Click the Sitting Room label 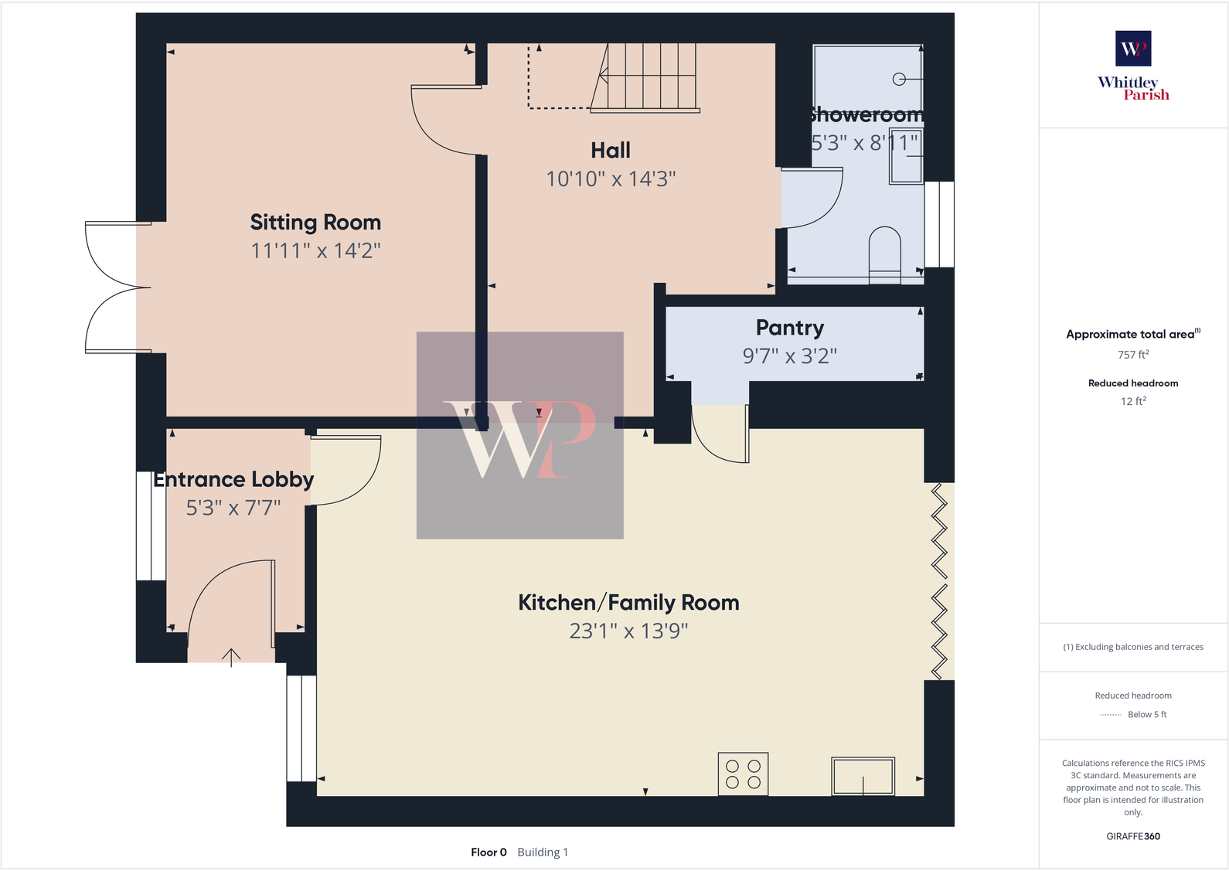coord(315,223)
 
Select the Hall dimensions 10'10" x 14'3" coord(611,179)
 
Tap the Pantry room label coord(789,328)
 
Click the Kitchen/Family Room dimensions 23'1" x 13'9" coord(628,631)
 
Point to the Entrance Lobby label coord(233,480)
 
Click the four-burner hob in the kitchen coord(743,774)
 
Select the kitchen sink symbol coord(863,776)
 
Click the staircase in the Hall coord(649,77)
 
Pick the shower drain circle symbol coord(899,79)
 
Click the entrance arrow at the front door coord(231,657)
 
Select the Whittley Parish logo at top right coord(1133,66)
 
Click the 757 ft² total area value coord(1133,355)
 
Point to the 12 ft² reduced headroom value coord(1133,401)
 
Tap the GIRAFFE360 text coord(1133,836)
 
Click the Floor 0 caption coord(489,852)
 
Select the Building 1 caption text coord(543,852)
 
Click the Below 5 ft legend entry coord(1146,715)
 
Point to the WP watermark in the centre coord(520,437)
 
